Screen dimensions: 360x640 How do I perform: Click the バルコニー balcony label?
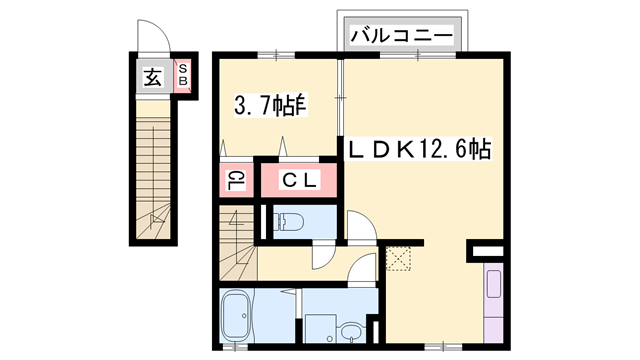[x=403, y=36]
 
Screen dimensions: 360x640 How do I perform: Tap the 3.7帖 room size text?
[x=269, y=104]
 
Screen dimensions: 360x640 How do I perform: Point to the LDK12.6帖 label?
[x=418, y=150]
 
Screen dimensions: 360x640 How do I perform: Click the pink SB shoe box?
[x=183, y=76]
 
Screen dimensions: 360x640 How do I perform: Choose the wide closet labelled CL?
[x=298, y=180]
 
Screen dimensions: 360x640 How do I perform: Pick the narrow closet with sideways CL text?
[x=236, y=180]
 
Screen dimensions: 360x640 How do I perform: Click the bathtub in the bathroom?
[x=238, y=315]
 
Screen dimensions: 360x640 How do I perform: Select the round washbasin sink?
[x=349, y=330]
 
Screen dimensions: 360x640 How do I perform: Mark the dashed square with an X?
[x=398, y=258]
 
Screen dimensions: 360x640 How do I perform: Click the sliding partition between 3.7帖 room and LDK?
[x=342, y=100]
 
